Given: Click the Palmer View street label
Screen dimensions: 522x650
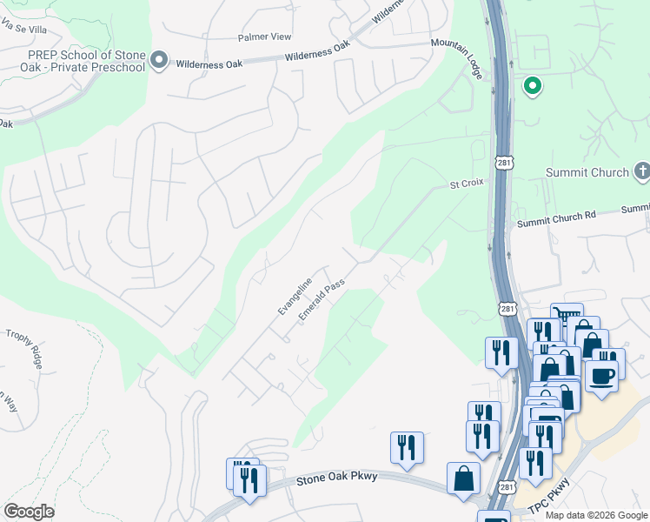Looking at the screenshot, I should coord(265,37).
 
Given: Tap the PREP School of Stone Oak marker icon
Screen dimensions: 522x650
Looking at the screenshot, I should coord(158,60).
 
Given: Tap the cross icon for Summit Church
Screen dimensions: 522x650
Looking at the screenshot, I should coord(641,171).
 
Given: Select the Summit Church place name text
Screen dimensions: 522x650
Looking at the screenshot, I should coord(587,172).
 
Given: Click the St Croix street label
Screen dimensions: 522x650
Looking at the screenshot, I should coord(465,184).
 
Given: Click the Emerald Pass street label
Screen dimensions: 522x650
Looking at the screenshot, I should coord(322,300).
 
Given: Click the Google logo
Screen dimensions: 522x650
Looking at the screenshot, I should coord(29,512).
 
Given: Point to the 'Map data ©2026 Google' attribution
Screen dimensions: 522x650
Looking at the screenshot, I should coord(595,515).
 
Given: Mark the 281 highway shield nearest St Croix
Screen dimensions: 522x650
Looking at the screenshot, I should coord(506,163).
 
